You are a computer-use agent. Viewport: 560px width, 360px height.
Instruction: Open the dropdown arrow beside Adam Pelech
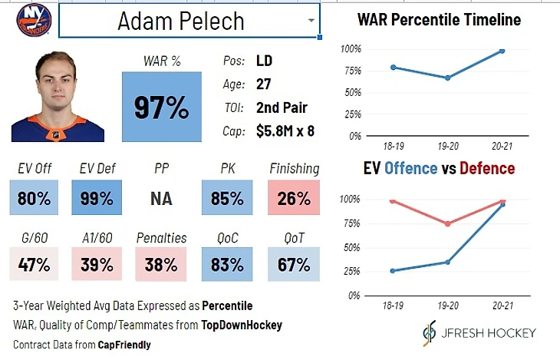(310, 21)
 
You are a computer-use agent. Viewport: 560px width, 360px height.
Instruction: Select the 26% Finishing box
(294, 198)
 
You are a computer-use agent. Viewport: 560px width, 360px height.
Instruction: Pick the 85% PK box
(227, 198)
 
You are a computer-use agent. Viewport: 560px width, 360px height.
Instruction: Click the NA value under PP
(162, 199)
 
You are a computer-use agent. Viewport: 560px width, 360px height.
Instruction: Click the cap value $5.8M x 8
(285, 131)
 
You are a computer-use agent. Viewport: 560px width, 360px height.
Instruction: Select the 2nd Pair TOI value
(283, 107)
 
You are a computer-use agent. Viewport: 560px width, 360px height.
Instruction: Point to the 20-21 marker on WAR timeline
(502, 51)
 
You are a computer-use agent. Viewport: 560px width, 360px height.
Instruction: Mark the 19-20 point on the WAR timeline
(447, 78)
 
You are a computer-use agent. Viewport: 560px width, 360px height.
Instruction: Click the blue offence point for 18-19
(393, 271)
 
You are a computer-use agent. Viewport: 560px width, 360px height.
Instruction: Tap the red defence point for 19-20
(447, 224)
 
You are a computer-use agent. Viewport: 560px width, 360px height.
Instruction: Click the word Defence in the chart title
(487, 168)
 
